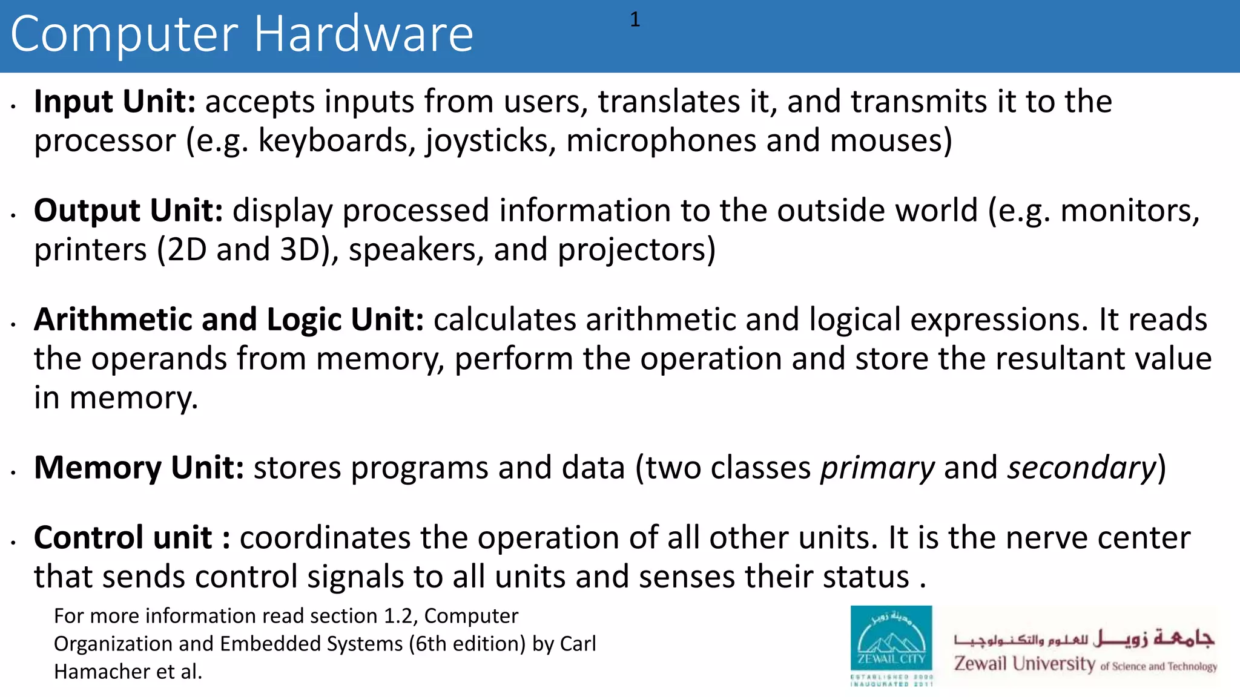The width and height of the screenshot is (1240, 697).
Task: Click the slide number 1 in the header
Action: (635, 20)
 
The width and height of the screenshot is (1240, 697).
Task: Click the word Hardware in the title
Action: (363, 34)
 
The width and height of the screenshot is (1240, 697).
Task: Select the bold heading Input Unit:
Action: (114, 101)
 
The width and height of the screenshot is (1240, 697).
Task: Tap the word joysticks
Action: (490, 141)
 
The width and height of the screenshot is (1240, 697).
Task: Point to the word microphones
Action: (661, 141)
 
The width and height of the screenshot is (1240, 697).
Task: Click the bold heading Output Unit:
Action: (128, 211)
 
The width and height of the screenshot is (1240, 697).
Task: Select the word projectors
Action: (636, 250)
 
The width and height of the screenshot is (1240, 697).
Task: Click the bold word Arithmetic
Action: (113, 319)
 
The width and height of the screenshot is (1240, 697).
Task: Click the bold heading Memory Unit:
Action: (139, 468)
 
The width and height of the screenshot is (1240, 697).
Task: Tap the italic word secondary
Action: (1081, 468)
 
